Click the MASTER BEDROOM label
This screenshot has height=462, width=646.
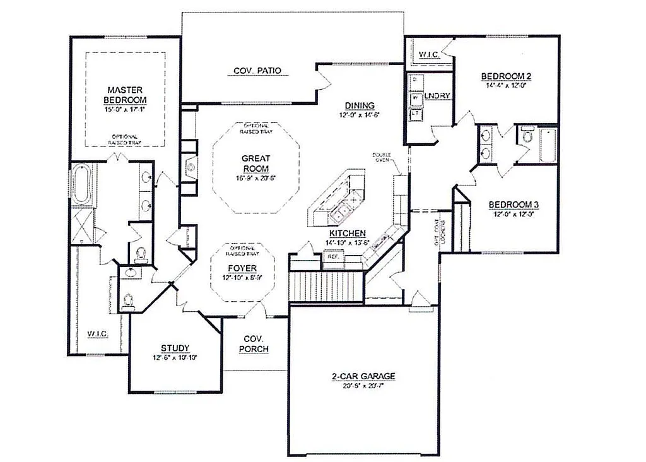point(125,95)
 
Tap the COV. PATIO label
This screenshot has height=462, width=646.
point(257,71)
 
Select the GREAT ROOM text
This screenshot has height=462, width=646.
point(256,163)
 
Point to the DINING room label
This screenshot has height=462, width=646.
point(360,105)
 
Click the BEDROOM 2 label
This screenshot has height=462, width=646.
point(507,77)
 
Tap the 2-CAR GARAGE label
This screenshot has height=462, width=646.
point(363,377)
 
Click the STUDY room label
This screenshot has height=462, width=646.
point(175,348)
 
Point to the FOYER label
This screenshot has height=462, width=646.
point(242,268)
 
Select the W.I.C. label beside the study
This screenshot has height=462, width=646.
point(98,333)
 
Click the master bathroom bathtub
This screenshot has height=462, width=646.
point(82,184)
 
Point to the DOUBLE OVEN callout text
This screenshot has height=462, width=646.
point(382,157)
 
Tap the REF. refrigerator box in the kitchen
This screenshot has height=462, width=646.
point(332,258)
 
